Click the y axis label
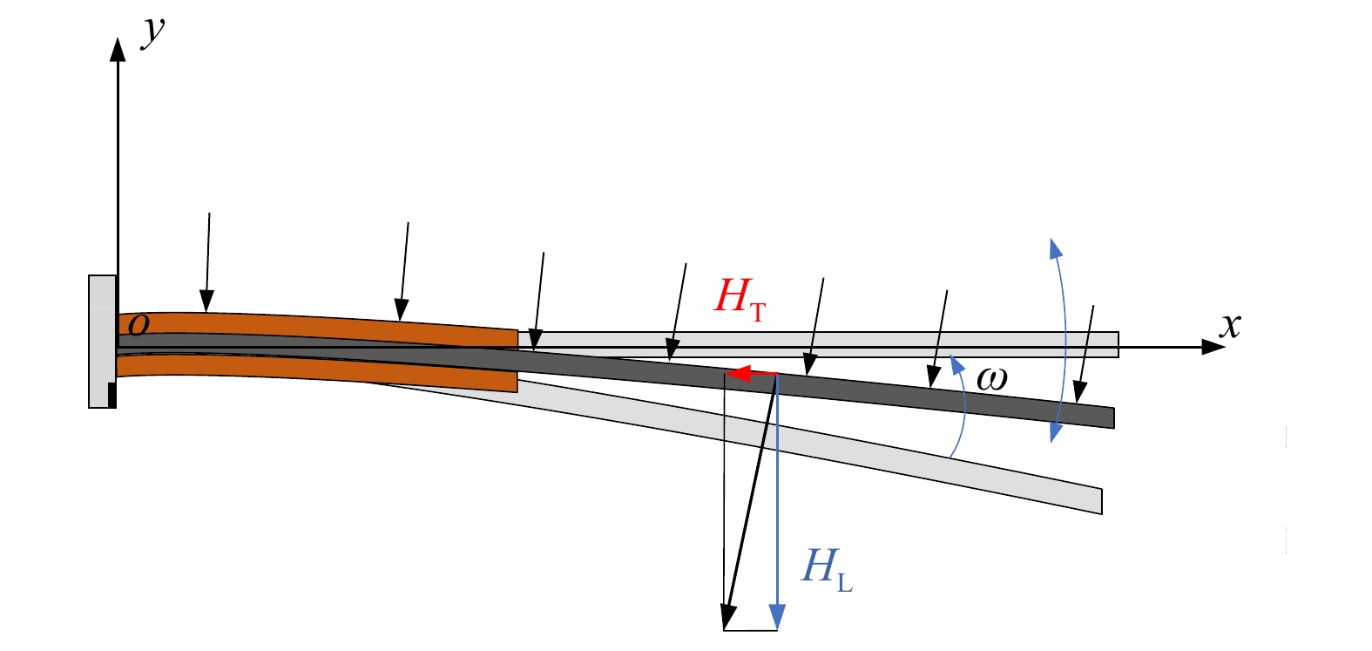point(152,32)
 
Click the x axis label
point(1229,326)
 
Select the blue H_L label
point(828,570)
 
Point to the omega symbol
point(991,379)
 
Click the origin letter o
point(139,325)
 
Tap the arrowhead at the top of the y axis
point(118,49)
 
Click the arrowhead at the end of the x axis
point(1213,347)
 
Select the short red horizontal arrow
point(752,373)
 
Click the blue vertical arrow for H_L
point(777,502)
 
